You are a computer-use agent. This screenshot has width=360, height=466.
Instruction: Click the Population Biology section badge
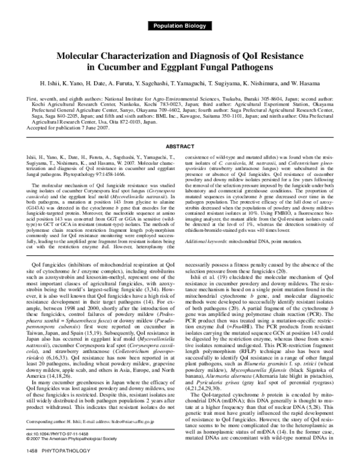click(x=179, y=25)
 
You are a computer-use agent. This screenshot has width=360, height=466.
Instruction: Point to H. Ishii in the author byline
click(x=49, y=82)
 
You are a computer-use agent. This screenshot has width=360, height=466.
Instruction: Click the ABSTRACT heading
click(x=179, y=146)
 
